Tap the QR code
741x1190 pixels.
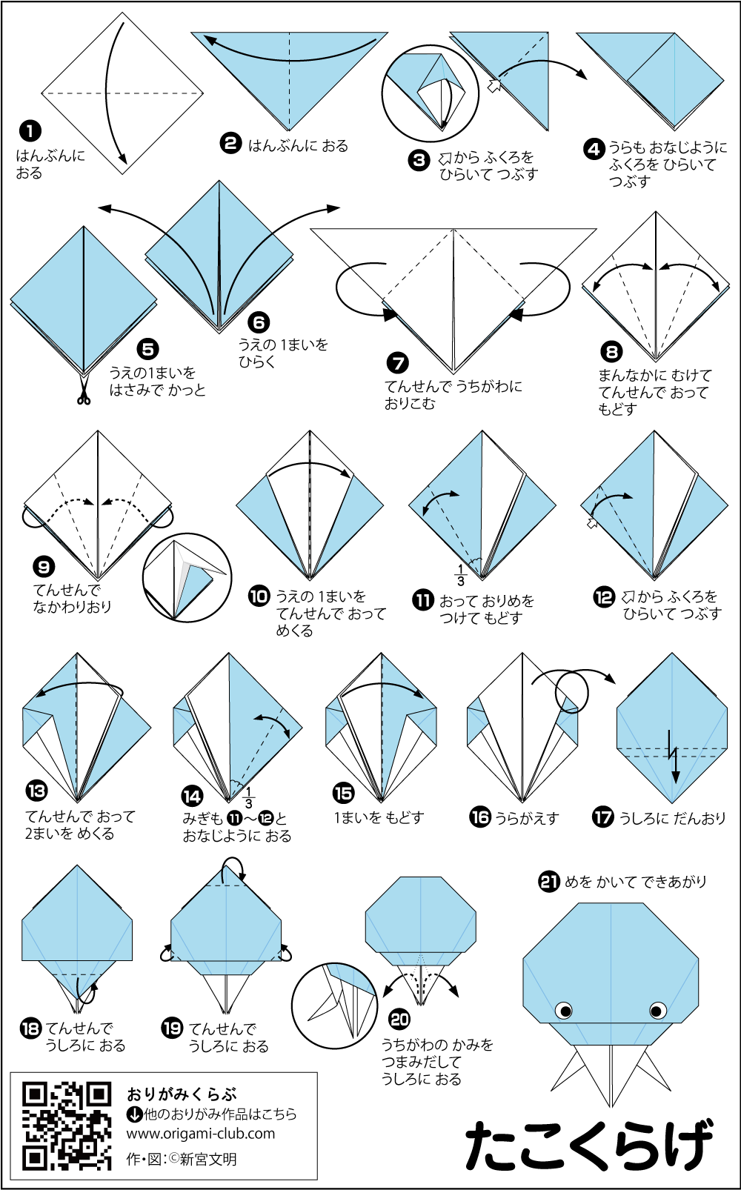(x=67, y=1126)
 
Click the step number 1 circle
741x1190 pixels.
(x=30, y=130)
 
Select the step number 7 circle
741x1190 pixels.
(x=396, y=363)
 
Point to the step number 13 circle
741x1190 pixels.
(x=36, y=791)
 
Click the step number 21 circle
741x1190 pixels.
(x=549, y=882)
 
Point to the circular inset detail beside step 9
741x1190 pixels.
(x=187, y=577)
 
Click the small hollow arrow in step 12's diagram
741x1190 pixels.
(x=592, y=522)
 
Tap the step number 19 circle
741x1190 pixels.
(x=172, y=1028)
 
